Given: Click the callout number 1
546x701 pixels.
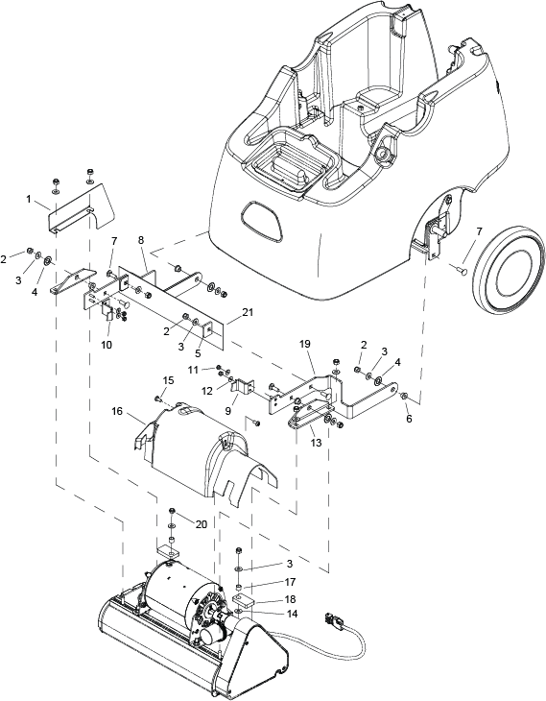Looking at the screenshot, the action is [29, 200].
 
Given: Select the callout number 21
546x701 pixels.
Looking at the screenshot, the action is [247, 312].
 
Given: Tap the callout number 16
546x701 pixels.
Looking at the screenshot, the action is [117, 412].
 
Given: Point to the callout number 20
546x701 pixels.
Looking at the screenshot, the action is [202, 524].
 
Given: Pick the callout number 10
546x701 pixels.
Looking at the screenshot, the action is [107, 345].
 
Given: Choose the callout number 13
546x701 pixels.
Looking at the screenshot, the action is [316, 444].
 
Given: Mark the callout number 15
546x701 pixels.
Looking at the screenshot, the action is [169, 380].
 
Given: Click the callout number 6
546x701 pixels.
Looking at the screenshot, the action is [410, 419].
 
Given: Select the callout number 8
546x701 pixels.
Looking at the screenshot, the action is [142, 240].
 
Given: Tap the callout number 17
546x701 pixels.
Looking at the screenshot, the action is [290, 582].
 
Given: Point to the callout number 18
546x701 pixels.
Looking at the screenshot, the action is [290, 599].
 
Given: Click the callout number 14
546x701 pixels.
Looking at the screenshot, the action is [292, 614].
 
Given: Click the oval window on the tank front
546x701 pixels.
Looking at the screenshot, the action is [262, 221].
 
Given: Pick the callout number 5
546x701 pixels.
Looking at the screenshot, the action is [198, 353].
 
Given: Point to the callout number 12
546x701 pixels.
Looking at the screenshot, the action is [206, 390].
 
